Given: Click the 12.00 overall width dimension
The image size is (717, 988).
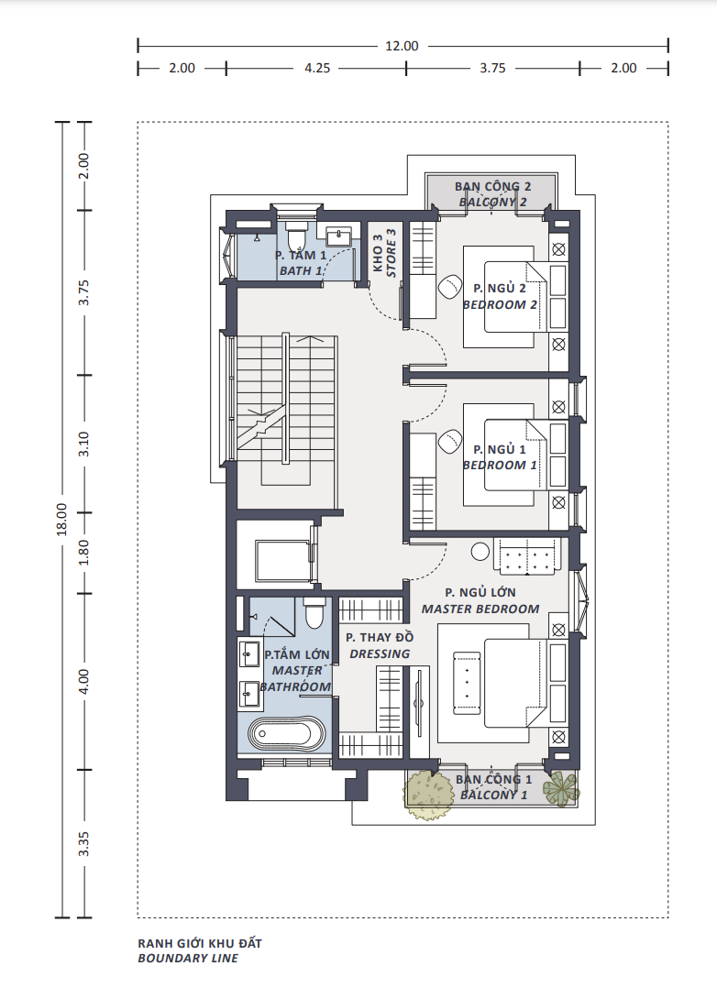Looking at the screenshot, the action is click(402, 46).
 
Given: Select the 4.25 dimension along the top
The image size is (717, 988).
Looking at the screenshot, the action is click(317, 68).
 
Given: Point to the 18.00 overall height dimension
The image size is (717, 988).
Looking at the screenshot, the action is click(61, 519).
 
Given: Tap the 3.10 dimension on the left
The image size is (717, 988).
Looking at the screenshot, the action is click(83, 445).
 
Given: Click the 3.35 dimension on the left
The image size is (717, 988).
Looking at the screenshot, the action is click(83, 844).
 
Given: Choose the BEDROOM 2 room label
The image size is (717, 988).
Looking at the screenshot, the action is click(500, 305).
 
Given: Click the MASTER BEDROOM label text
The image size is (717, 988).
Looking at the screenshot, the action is click(480, 609).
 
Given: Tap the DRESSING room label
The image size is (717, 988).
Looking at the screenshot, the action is click(380, 654).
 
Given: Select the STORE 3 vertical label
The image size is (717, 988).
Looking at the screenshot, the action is click(391, 253).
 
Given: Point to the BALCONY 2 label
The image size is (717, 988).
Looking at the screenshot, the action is click(493, 203).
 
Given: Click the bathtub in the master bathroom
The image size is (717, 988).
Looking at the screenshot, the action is click(286, 734).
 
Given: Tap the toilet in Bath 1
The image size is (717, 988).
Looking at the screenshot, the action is click(296, 235).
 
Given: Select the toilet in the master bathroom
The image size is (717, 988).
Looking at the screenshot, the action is click(314, 613).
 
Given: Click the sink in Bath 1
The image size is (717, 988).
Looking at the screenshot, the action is click(340, 236).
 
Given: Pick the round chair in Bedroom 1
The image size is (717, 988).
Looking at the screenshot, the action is click(450, 441).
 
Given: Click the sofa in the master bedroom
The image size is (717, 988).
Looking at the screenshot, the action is click(527, 556).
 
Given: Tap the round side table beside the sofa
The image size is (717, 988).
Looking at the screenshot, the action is click(480, 552).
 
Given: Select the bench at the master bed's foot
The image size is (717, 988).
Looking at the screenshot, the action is click(467, 683).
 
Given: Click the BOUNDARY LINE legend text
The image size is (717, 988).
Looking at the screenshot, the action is click(188, 959).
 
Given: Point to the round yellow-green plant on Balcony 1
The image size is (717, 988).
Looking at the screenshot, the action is click(429, 795).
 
